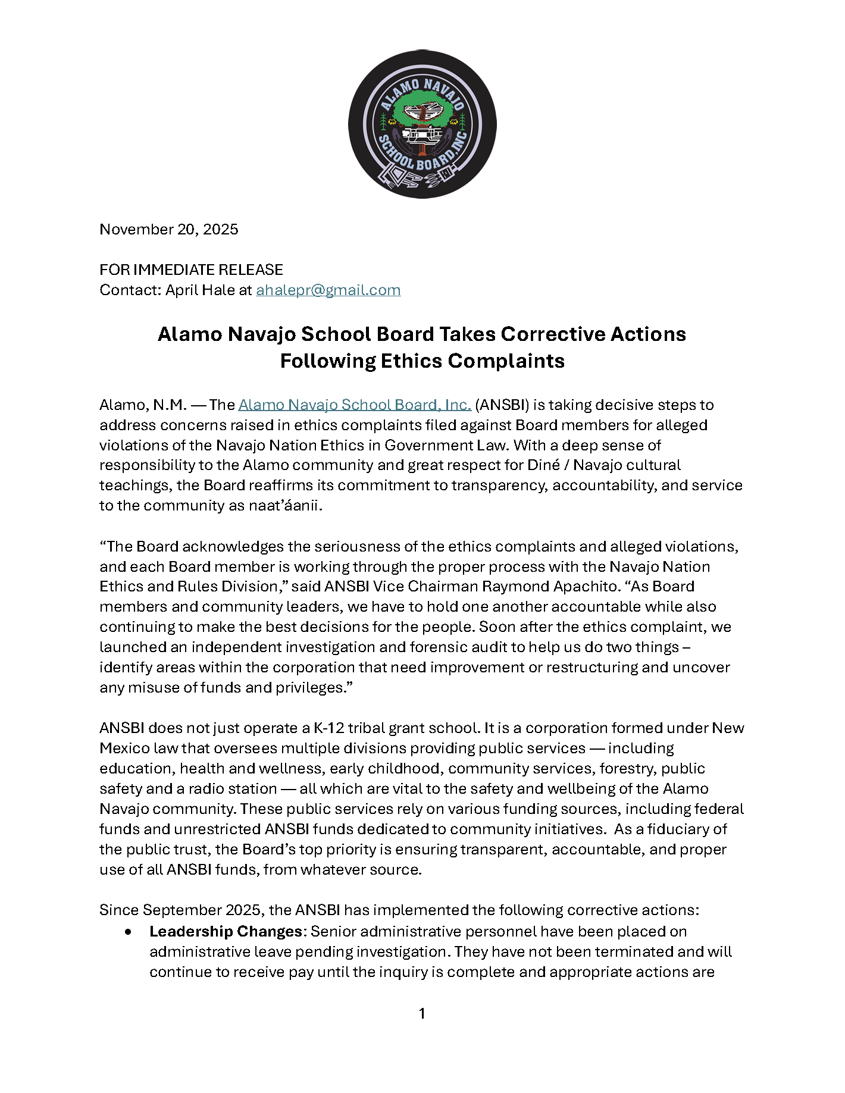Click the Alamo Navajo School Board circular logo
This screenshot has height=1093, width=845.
point(422,124)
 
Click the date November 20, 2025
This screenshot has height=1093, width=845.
point(168,230)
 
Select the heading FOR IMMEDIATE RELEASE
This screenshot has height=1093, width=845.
point(191,270)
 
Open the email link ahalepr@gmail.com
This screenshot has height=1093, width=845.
point(328,290)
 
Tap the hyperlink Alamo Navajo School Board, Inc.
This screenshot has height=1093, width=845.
point(355,405)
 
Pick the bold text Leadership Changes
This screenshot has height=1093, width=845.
point(226,932)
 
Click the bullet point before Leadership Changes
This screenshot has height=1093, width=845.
point(129,932)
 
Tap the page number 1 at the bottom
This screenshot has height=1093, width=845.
point(422,1014)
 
